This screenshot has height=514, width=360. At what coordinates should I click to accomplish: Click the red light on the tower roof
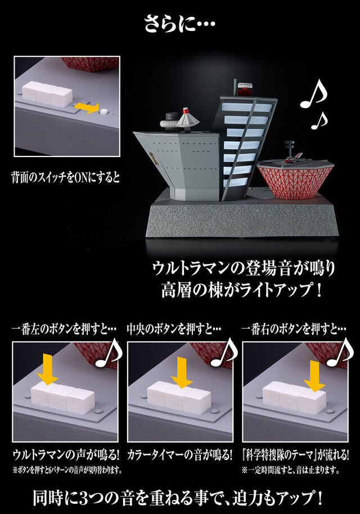point(244,89)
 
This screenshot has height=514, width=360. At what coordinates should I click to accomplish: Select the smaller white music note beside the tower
point(319,119)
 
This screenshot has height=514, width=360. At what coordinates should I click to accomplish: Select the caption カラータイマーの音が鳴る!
point(181,454)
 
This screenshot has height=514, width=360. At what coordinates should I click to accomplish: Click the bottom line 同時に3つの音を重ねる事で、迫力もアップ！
point(180,498)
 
